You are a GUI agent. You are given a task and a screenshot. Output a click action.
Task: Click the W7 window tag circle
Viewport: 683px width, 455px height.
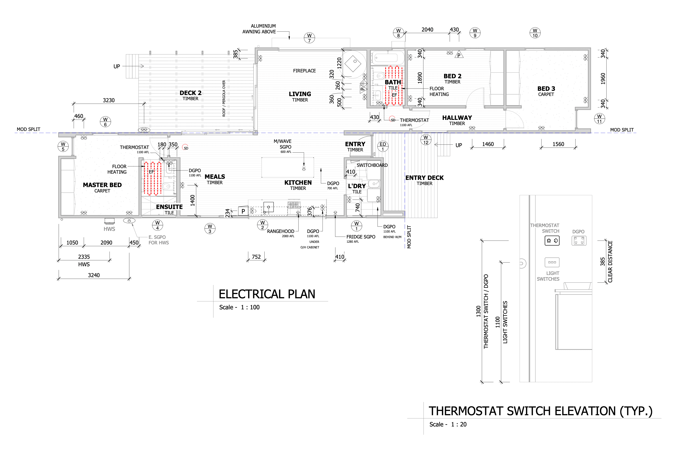[x=309, y=38]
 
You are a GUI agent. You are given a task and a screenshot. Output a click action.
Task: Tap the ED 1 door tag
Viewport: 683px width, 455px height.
[x=382, y=147]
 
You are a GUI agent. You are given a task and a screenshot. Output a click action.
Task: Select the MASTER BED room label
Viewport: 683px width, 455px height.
[x=102, y=185]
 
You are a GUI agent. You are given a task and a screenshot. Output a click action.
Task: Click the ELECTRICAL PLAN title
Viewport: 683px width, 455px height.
[x=267, y=294]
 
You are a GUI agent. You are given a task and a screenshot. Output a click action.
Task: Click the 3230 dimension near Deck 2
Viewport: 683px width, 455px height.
[x=109, y=100]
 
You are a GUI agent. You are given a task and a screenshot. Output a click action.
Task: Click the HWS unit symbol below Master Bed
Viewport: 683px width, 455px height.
[x=109, y=221]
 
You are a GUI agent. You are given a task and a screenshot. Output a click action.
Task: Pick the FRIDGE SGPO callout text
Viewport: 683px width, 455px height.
[x=361, y=237]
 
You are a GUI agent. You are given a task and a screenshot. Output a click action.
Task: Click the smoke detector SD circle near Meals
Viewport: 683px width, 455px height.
[x=185, y=148]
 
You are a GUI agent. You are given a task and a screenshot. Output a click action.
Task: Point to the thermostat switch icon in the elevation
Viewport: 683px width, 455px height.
[x=552, y=240]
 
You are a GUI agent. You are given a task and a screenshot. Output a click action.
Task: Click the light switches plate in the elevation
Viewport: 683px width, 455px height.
[x=552, y=262]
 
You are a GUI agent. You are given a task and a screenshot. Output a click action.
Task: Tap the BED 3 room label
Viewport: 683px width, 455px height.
[x=546, y=89]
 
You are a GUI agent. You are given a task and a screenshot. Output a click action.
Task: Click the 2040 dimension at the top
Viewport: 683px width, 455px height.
[x=427, y=30]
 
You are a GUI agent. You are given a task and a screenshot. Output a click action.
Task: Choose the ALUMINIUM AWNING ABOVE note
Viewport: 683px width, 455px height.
[x=259, y=29]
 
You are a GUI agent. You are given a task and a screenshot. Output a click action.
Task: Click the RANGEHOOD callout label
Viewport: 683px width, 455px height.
[x=280, y=231]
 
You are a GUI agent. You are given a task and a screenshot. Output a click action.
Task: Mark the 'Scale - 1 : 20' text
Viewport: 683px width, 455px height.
[x=448, y=424]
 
